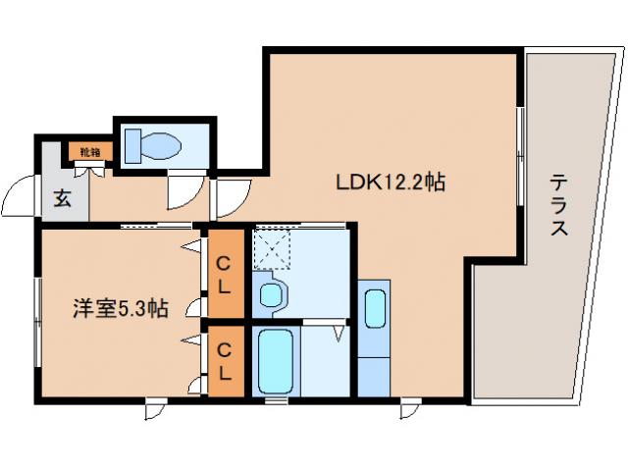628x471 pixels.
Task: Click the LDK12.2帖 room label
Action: tap(392, 182)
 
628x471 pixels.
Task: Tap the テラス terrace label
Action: tap(558, 205)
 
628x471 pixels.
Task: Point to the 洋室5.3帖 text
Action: tap(120, 308)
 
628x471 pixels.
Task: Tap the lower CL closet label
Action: tap(225, 360)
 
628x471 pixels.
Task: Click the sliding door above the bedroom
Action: tap(157, 226)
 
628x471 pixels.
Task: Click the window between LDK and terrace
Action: tap(519, 147)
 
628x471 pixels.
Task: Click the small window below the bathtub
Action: tap(278, 400)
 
